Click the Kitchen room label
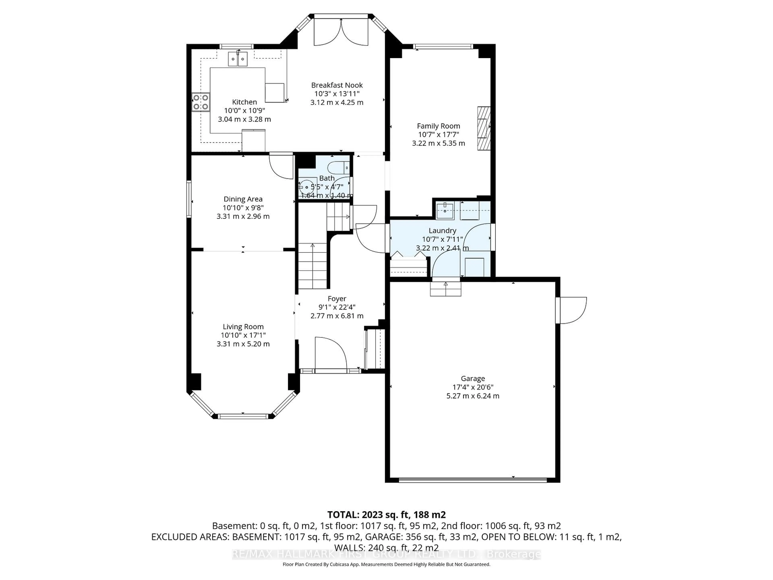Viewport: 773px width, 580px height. tap(244, 102)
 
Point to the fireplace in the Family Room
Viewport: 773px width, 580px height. tap(484, 128)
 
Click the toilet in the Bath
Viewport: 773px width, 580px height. tap(339, 168)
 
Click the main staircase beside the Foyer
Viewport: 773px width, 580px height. tap(312, 266)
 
